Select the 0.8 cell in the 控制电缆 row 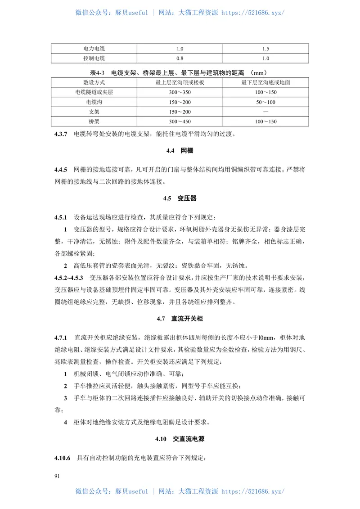(x=180, y=59)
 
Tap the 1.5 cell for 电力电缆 (x=265, y=49)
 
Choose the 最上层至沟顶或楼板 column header (x=180, y=83)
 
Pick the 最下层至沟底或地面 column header (x=265, y=83)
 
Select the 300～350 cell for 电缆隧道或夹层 (x=180, y=92)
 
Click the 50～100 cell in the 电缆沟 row (x=265, y=102)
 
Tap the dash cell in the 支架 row (x=265, y=112)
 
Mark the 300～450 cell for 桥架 (x=180, y=122)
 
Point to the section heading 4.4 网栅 (x=180, y=151)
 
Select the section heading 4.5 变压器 (x=180, y=198)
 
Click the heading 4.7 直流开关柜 (x=180, y=319)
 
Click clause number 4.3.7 (x=60, y=134)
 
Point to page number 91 (x=57, y=476)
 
